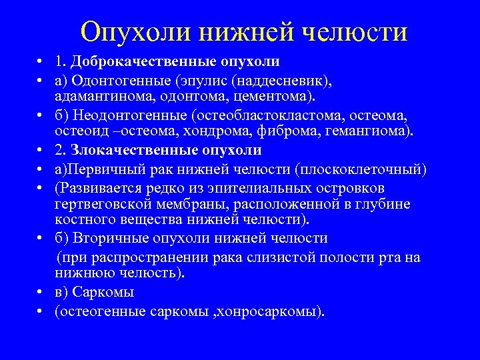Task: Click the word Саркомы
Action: pos(103,292)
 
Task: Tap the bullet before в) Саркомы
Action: pos(41,293)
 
